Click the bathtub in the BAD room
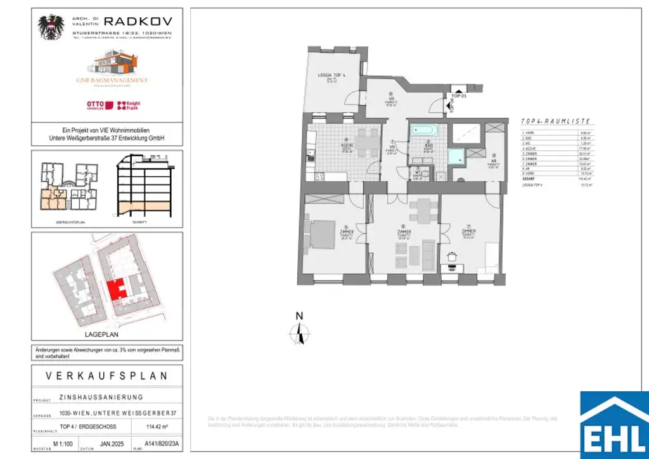(x=423, y=131)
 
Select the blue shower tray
(x=456, y=157)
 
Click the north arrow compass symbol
(x=300, y=332)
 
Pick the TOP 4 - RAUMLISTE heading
(x=555, y=120)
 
